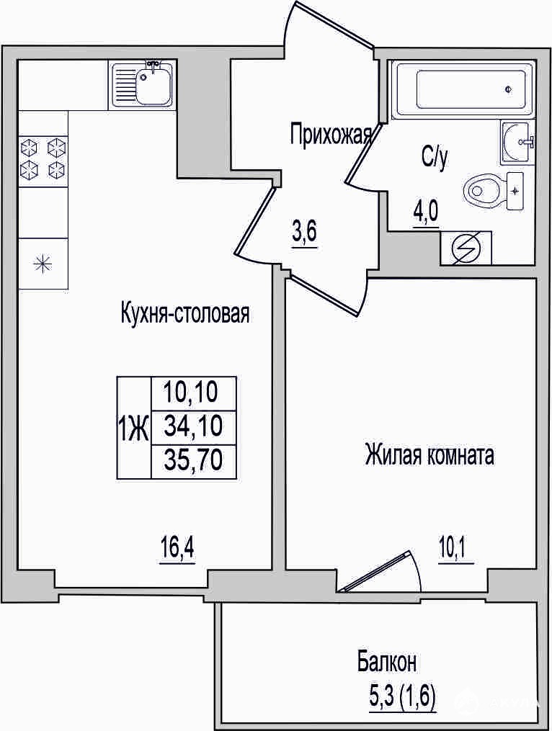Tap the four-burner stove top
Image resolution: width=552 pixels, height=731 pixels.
click(x=43, y=160)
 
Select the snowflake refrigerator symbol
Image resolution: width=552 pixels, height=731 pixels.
click(x=43, y=264)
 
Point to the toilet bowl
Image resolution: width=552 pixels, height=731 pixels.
click(x=484, y=190)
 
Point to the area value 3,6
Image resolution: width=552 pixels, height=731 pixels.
click(x=305, y=233)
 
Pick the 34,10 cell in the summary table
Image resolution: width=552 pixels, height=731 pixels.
click(x=193, y=426)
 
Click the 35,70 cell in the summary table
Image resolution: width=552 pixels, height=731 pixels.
click(x=193, y=462)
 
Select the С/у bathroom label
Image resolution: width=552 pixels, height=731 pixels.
click(x=435, y=158)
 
